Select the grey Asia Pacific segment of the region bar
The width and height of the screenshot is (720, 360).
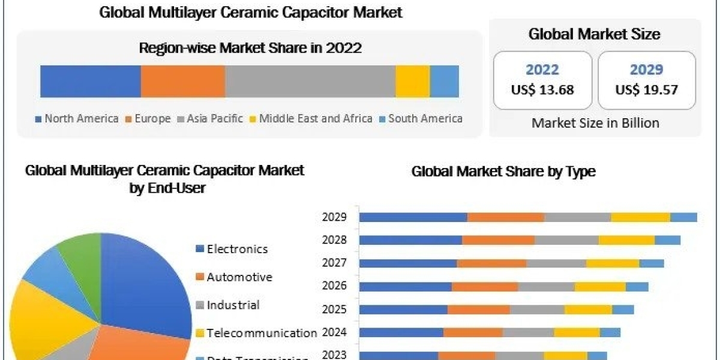coord(310,81)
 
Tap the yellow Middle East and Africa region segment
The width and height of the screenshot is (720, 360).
coord(412,81)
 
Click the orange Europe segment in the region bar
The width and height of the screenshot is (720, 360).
coord(183,81)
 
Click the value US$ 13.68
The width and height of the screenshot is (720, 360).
coord(542,90)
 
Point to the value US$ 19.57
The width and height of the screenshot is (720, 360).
coord(647,90)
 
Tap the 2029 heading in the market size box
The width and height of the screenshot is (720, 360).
coord(647,70)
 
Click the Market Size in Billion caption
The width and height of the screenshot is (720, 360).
coord(595,123)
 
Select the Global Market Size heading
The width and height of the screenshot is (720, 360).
coord(594,34)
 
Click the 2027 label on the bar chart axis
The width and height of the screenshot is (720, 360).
coord(335,262)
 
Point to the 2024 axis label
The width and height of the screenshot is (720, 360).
coord(335,332)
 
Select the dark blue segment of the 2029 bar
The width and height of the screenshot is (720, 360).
coord(413,217)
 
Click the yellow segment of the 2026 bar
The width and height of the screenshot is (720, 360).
coord(600,286)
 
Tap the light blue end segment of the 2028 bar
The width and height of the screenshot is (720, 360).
coord(667,240)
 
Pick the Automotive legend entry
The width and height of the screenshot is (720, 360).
coord(239,277)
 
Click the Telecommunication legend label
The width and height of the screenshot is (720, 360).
coord(261,332)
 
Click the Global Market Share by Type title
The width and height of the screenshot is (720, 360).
coord(503,172)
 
